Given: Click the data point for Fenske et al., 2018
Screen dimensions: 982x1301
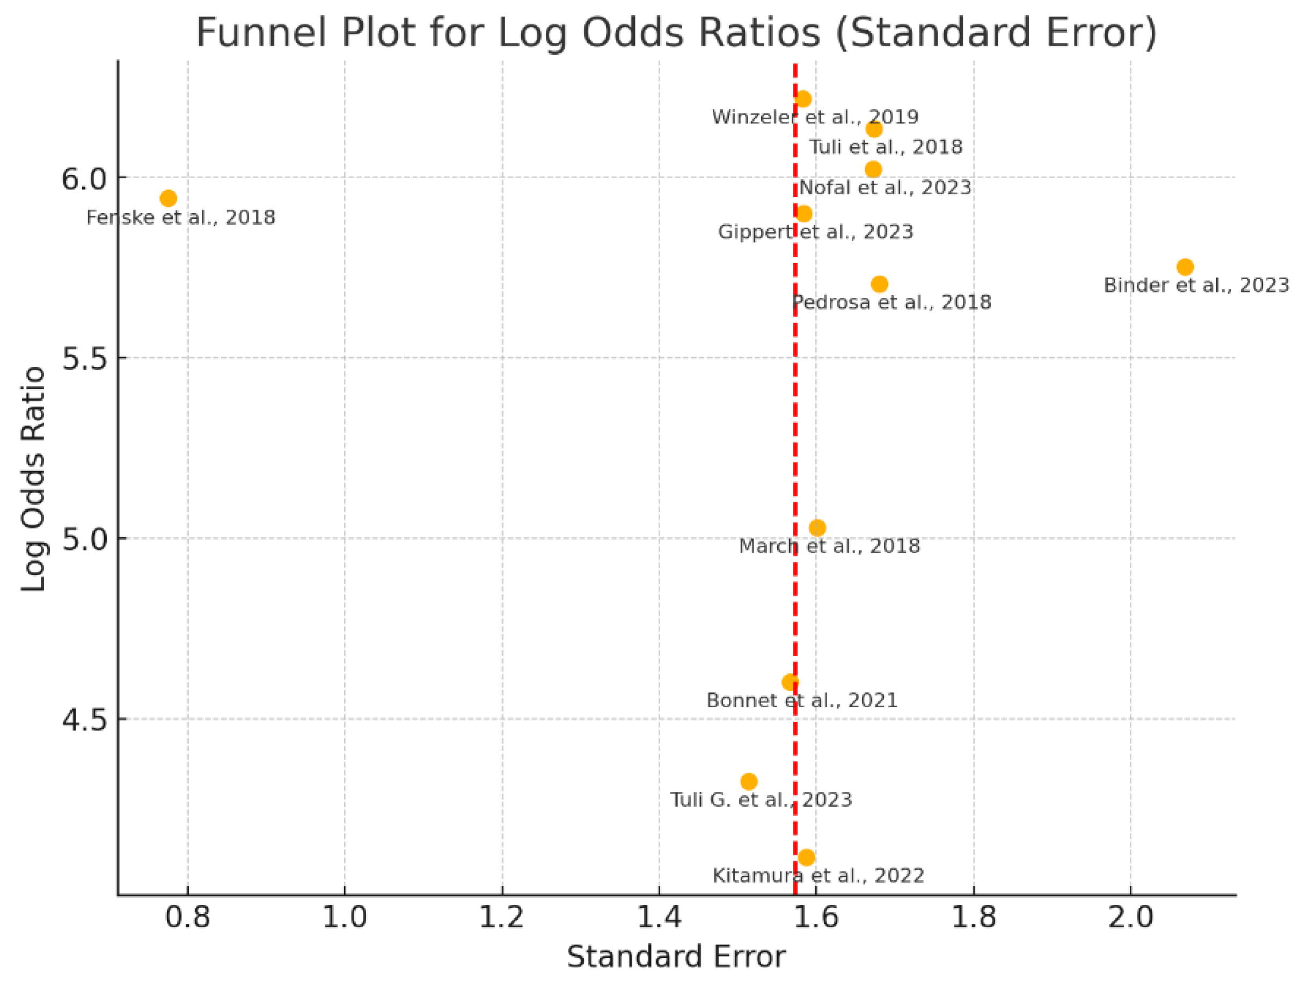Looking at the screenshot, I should [168, 198].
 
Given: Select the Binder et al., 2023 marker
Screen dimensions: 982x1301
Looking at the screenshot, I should [1185, 267].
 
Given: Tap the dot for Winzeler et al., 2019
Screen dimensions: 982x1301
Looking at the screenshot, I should [803, 99].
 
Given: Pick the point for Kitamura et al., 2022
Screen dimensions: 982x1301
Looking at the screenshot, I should [806, 858].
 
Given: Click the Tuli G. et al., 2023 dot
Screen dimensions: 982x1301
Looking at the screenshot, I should [749, 781].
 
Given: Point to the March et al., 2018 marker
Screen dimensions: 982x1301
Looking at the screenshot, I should [817, 527].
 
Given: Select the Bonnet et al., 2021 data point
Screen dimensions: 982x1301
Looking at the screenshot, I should [790, 683].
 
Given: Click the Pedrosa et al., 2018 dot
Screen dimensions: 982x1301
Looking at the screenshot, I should [879, 284].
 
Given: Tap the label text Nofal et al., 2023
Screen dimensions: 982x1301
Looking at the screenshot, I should [885, 188].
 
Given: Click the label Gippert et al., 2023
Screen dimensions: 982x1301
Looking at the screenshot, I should [815, 232].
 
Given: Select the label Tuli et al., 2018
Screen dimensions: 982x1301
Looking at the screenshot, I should [886, 146].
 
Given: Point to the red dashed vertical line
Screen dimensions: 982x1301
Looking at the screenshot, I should [795, 412].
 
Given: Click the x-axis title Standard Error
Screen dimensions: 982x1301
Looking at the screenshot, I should [676, 957].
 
